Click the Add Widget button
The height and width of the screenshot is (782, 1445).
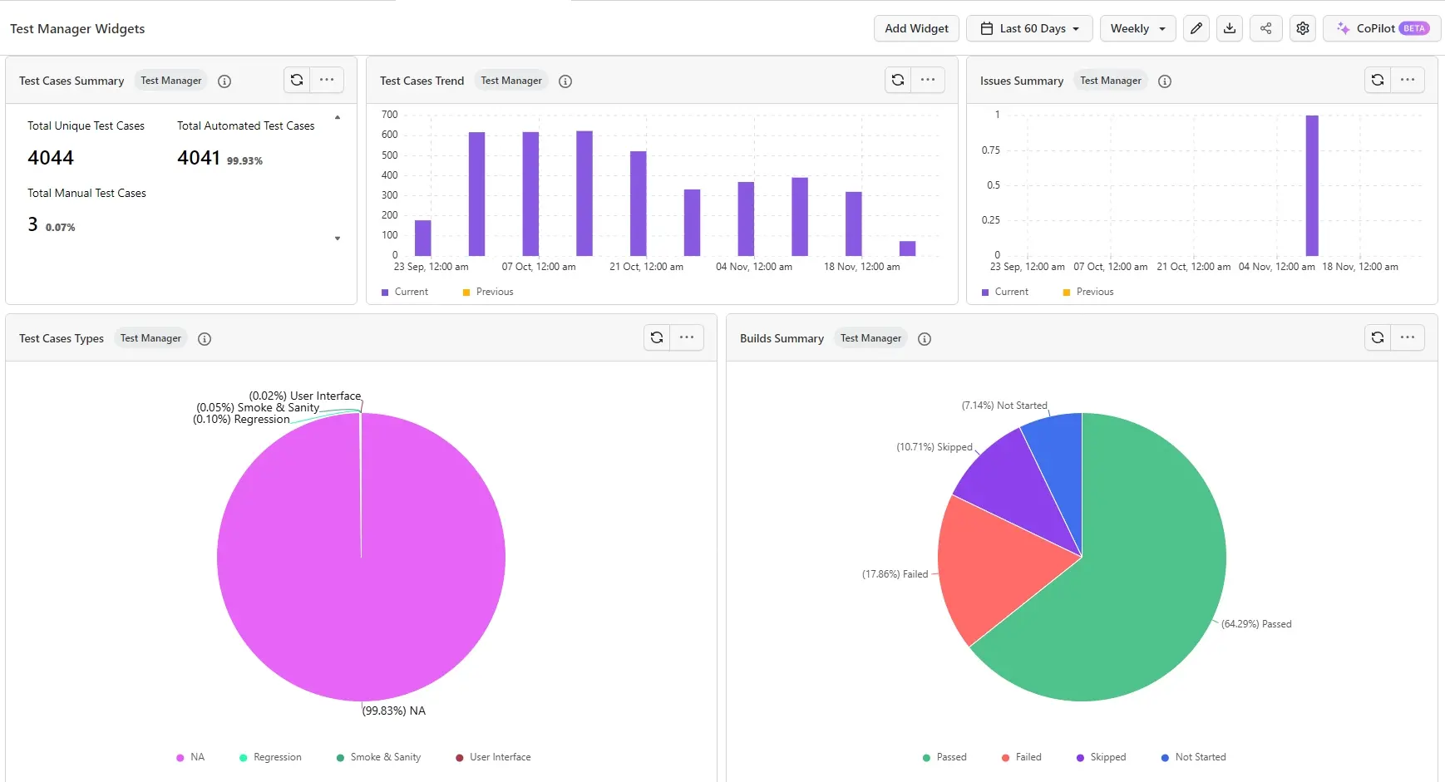tap(916, 28)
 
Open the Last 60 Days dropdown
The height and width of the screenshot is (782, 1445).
tap(1030, 28)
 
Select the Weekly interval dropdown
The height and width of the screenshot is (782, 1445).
tap(1137, 28)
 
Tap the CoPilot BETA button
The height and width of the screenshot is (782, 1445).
tap(1381, 28)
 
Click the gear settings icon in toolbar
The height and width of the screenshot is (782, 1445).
tap(1303, 28)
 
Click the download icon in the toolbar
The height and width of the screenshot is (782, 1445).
tap(1230, 28)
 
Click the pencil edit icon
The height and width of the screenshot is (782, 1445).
tap(1196, 28)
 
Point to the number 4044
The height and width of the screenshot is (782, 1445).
tap(51, 158)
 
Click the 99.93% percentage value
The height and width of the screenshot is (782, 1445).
tap(244, 161)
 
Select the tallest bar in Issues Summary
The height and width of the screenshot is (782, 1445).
tap(1312, 185)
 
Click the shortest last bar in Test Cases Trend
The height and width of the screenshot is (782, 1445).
tap(907, 248)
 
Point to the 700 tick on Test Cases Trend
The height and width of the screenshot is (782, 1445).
tap(389, 115)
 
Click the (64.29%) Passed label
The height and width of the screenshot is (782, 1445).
tap(1255, 624)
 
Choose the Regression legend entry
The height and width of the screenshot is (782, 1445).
tap(277, 757)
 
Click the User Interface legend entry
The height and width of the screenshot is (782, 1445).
tap(499, 757)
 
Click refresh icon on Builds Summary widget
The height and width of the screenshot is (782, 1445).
tap(1378, 337)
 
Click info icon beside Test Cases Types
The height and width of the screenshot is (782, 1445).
tap(205, 339)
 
